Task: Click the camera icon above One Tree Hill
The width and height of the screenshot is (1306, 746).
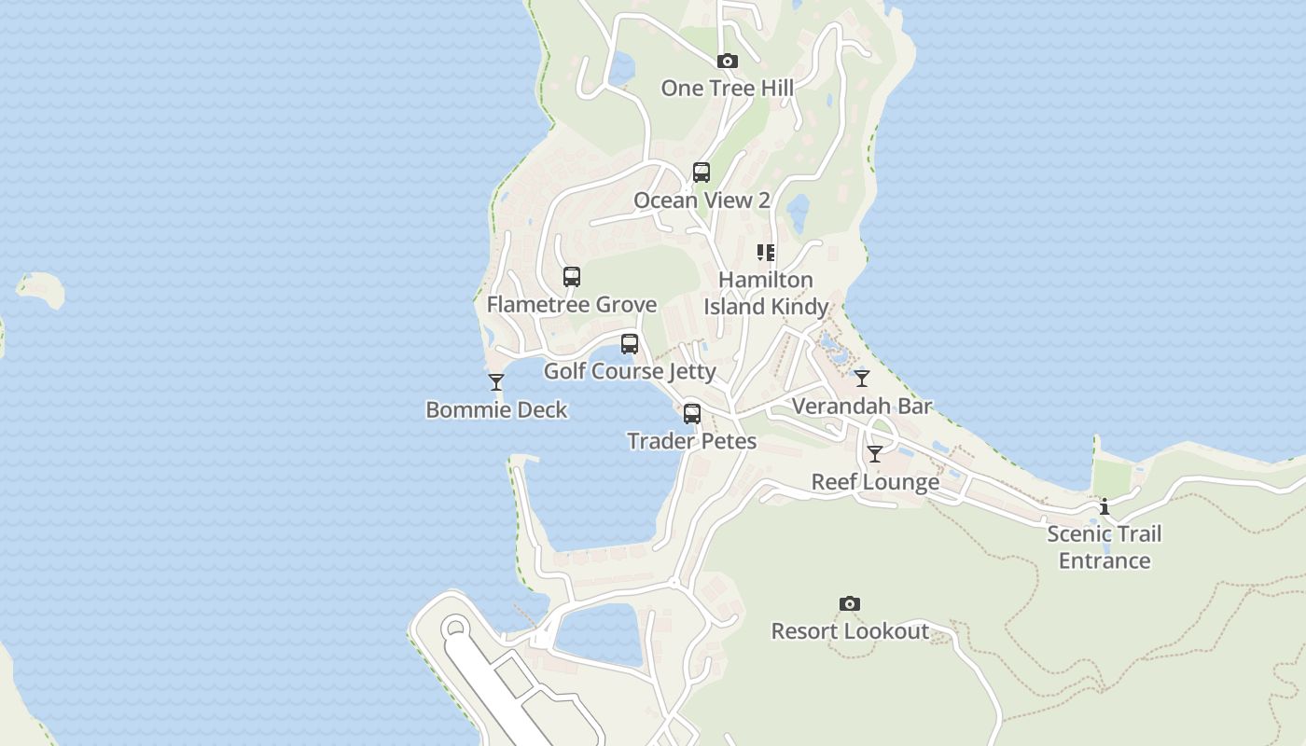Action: [728, 62]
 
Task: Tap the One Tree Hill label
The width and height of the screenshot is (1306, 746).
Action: [728, 88]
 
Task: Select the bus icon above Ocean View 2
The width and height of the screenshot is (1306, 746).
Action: [702, 173]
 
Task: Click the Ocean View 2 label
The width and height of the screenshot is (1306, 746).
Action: [702, 200]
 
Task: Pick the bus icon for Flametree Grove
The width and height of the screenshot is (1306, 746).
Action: [572, 277]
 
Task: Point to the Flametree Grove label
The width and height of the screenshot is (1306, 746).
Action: [572, 304]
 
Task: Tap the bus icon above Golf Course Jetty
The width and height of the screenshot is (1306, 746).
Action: [630, 344]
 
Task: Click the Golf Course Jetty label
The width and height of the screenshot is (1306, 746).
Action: [630, 371]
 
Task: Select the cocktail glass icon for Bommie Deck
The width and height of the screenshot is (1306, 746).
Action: [496, 382]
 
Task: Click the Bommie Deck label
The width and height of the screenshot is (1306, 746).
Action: [496, 409]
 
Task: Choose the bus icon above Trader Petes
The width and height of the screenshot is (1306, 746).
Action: [692, 414]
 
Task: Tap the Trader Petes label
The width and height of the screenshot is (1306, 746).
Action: [692, 441]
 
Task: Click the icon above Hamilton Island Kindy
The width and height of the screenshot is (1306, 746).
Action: [766, 252]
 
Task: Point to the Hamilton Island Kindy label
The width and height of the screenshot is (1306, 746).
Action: [766, 293]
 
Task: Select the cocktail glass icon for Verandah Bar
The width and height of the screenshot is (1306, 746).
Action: [862, 379]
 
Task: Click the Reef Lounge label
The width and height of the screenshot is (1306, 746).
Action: [875, 482]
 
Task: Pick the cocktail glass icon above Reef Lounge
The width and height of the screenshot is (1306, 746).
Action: [875, 454]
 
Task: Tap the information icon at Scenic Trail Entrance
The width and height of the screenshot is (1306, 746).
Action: [1105, 506]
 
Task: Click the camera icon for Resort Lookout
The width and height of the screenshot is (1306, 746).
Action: [850, 604]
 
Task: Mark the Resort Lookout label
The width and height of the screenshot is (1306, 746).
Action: [850, 631]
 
